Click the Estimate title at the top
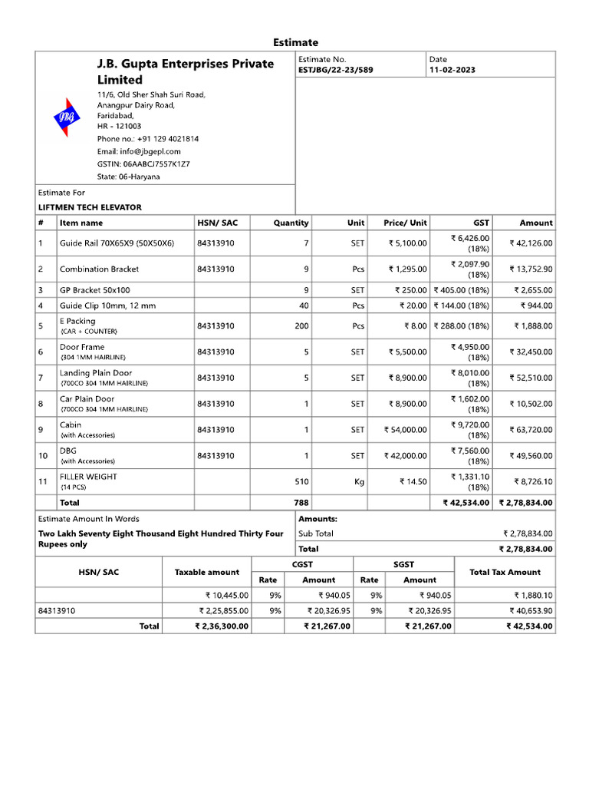(x=295, y=42)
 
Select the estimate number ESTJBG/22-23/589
(x=335, y=70)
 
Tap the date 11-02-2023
(x=452, y=70)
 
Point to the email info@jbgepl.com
(x=139, y=151)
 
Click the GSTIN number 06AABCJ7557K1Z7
(x=143, y=163)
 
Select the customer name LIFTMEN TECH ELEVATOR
(x=90, y=207)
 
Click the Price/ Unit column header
(x=406, y=223)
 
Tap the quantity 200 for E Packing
(x=301, y=325)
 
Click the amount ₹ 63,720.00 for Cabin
(x=531, y=430)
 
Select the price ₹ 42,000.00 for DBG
(x=406, y=456)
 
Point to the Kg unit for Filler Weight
(x=357, y=482)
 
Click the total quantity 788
(x=301, y=503)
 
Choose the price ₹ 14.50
(x=413, y=482)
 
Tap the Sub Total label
(x=316, y=533)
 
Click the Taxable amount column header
(x=206, y=572)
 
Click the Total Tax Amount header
(x=505, y=572)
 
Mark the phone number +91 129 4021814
(x=147, y=139)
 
